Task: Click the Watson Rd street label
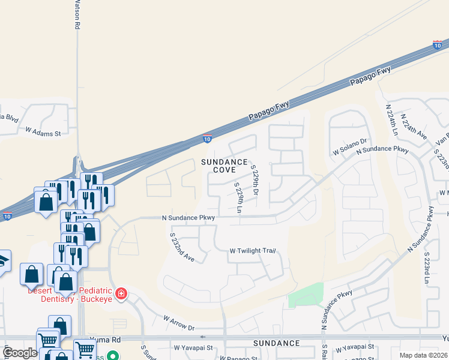[77, 15]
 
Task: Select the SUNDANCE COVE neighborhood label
[224, 166]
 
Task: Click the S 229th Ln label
[239, 199]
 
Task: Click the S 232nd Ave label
[182, 247]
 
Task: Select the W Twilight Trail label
[252, 251]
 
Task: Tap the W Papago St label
[237, 358]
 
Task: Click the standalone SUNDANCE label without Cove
[276, 343]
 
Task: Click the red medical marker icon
[121, 293]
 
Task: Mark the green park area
[306, 295]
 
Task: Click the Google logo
[20, 353]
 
